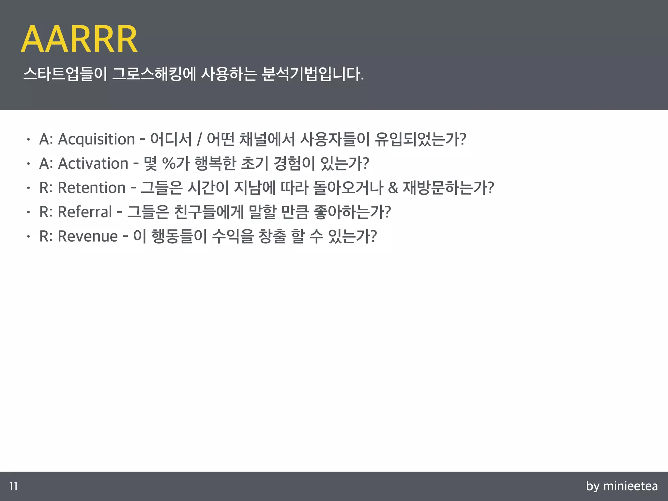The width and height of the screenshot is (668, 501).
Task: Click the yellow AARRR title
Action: (x=79, y=39)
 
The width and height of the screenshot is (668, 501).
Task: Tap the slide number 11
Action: (x=13, y=486)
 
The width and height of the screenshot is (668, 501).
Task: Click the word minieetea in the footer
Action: (x=630, y=486)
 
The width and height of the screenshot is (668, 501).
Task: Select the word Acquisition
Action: (x=96, y=140)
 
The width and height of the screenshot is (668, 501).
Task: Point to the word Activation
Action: (x=93, y=164)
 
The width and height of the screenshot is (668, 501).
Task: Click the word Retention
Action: (x=91, y=188)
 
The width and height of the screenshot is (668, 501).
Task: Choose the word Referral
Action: (x=85, y=212)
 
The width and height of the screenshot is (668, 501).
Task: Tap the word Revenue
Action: (x=87, y=236)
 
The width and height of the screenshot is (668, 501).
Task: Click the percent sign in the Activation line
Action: (x=169, y=164)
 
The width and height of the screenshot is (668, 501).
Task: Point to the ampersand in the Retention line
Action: (x=393, y=188)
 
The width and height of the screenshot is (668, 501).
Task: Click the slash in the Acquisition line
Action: (x=199, y=140)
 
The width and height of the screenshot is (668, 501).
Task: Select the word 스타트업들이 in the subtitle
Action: (x=65, y=74)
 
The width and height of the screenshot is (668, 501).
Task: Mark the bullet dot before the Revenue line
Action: (x=29, y=236)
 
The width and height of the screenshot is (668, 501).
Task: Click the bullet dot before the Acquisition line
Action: (x=29, y=140)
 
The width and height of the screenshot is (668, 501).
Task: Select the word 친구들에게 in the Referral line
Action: (x=209, y=212)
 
